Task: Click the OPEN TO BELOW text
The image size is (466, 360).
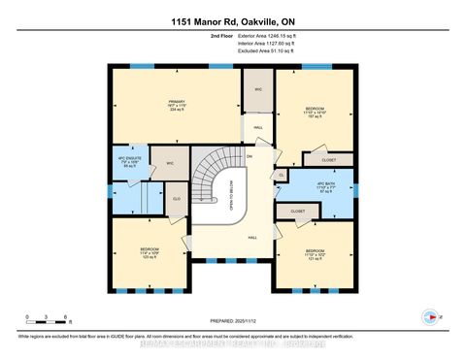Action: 231,200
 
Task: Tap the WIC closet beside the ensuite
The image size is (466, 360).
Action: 168,164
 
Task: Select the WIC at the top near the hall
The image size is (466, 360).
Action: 258,89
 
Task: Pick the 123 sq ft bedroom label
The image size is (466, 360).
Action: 148,252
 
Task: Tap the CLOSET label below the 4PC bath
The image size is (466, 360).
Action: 297,210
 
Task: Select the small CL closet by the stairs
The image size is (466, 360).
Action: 281,175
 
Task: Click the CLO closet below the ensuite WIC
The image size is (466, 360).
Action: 176,199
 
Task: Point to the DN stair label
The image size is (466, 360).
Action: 250,155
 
